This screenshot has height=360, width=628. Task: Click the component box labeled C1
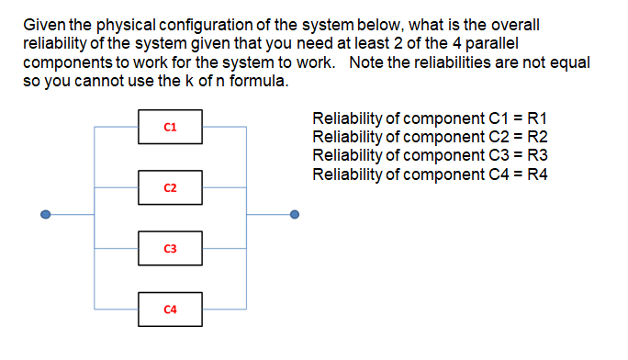point(170,126)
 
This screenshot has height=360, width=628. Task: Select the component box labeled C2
point(170,187)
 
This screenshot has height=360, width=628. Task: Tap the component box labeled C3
point(170,248)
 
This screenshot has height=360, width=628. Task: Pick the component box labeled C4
point(170,309)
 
